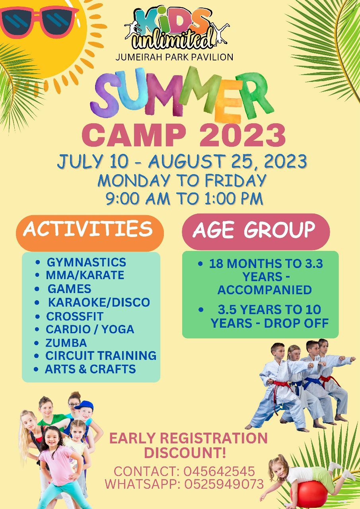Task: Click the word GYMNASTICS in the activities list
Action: coord(86,262)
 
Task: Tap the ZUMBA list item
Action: coord(66,343)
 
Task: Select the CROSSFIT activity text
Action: coord(75,316)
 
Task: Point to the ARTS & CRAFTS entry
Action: coord(90,369)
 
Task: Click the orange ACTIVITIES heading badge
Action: coord(90,233)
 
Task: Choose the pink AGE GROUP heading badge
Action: coord(256,231)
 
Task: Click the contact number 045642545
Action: coord(219,471)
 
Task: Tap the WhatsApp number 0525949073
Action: coord(224,484)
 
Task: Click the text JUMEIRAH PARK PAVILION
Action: coord(174,57)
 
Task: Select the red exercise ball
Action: coord(309,494)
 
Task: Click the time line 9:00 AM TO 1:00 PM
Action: coord(184,198)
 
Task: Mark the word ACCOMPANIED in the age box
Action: coord(265,290)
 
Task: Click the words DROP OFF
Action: coord(296,323)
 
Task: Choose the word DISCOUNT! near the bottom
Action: coord(185,453)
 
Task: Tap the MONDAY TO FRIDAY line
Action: coord(182,181)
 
